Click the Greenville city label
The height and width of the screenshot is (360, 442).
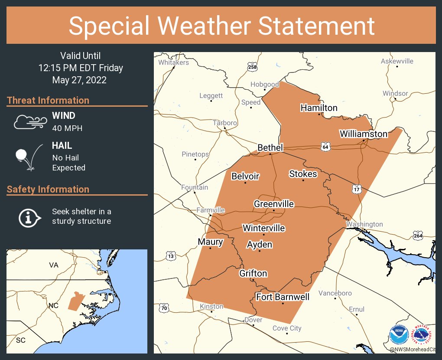coord(274,204)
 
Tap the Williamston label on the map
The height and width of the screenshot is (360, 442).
coord(363,134)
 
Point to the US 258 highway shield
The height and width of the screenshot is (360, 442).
coord(252,67)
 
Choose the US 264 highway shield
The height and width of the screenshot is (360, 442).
coord(418,236)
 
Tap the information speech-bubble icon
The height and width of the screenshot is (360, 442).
coord(29,217)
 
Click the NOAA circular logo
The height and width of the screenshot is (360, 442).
coord(398,335)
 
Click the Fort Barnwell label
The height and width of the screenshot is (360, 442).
coord(283,297)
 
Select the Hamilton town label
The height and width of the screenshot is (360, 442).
coord(319,108)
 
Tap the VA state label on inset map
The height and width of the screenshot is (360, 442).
coord(53,265)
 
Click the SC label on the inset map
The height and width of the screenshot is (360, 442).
coord(21,340)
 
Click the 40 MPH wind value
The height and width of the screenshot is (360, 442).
coord(67,128)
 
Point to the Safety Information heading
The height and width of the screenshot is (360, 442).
coord(48,189)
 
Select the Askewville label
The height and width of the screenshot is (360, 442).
coord(397,61)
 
